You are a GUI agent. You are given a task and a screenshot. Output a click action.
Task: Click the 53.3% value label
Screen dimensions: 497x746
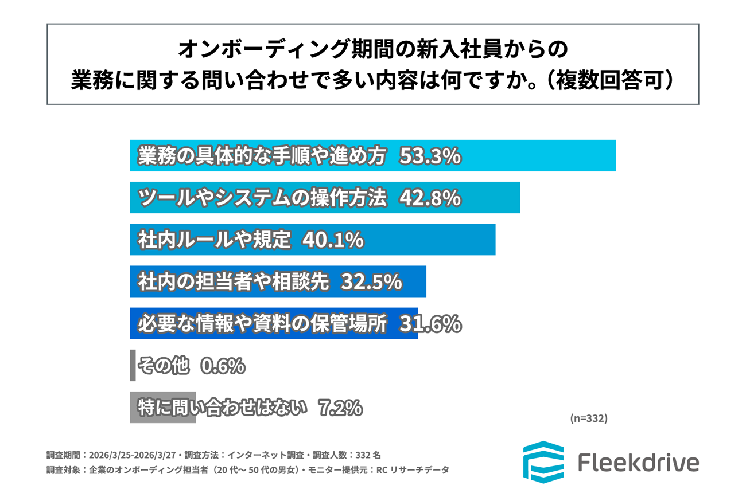[430, 156]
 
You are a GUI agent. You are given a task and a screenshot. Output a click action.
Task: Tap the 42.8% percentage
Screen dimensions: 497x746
[430, 198]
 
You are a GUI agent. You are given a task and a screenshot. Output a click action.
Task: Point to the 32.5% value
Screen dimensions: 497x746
[371, 281]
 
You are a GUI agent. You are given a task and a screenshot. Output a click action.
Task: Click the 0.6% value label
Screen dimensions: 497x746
[222, 366]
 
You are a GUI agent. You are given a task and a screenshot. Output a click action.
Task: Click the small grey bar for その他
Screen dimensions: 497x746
[133, 365]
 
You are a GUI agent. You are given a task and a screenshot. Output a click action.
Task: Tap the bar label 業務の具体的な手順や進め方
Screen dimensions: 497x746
[261, 156]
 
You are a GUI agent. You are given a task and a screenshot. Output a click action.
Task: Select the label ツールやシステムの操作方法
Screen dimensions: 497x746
[261, 198]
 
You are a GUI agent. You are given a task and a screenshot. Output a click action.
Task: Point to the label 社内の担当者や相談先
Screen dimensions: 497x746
[232, 281]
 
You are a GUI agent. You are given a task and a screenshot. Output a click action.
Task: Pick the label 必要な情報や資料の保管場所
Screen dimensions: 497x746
[261, 324]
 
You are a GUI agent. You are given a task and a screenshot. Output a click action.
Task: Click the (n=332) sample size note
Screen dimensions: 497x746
[588, 418]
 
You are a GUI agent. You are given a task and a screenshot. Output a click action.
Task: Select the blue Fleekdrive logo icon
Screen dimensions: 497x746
[543, 461]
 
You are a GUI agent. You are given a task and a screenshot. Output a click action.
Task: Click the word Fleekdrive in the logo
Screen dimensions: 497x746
[638, 463]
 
